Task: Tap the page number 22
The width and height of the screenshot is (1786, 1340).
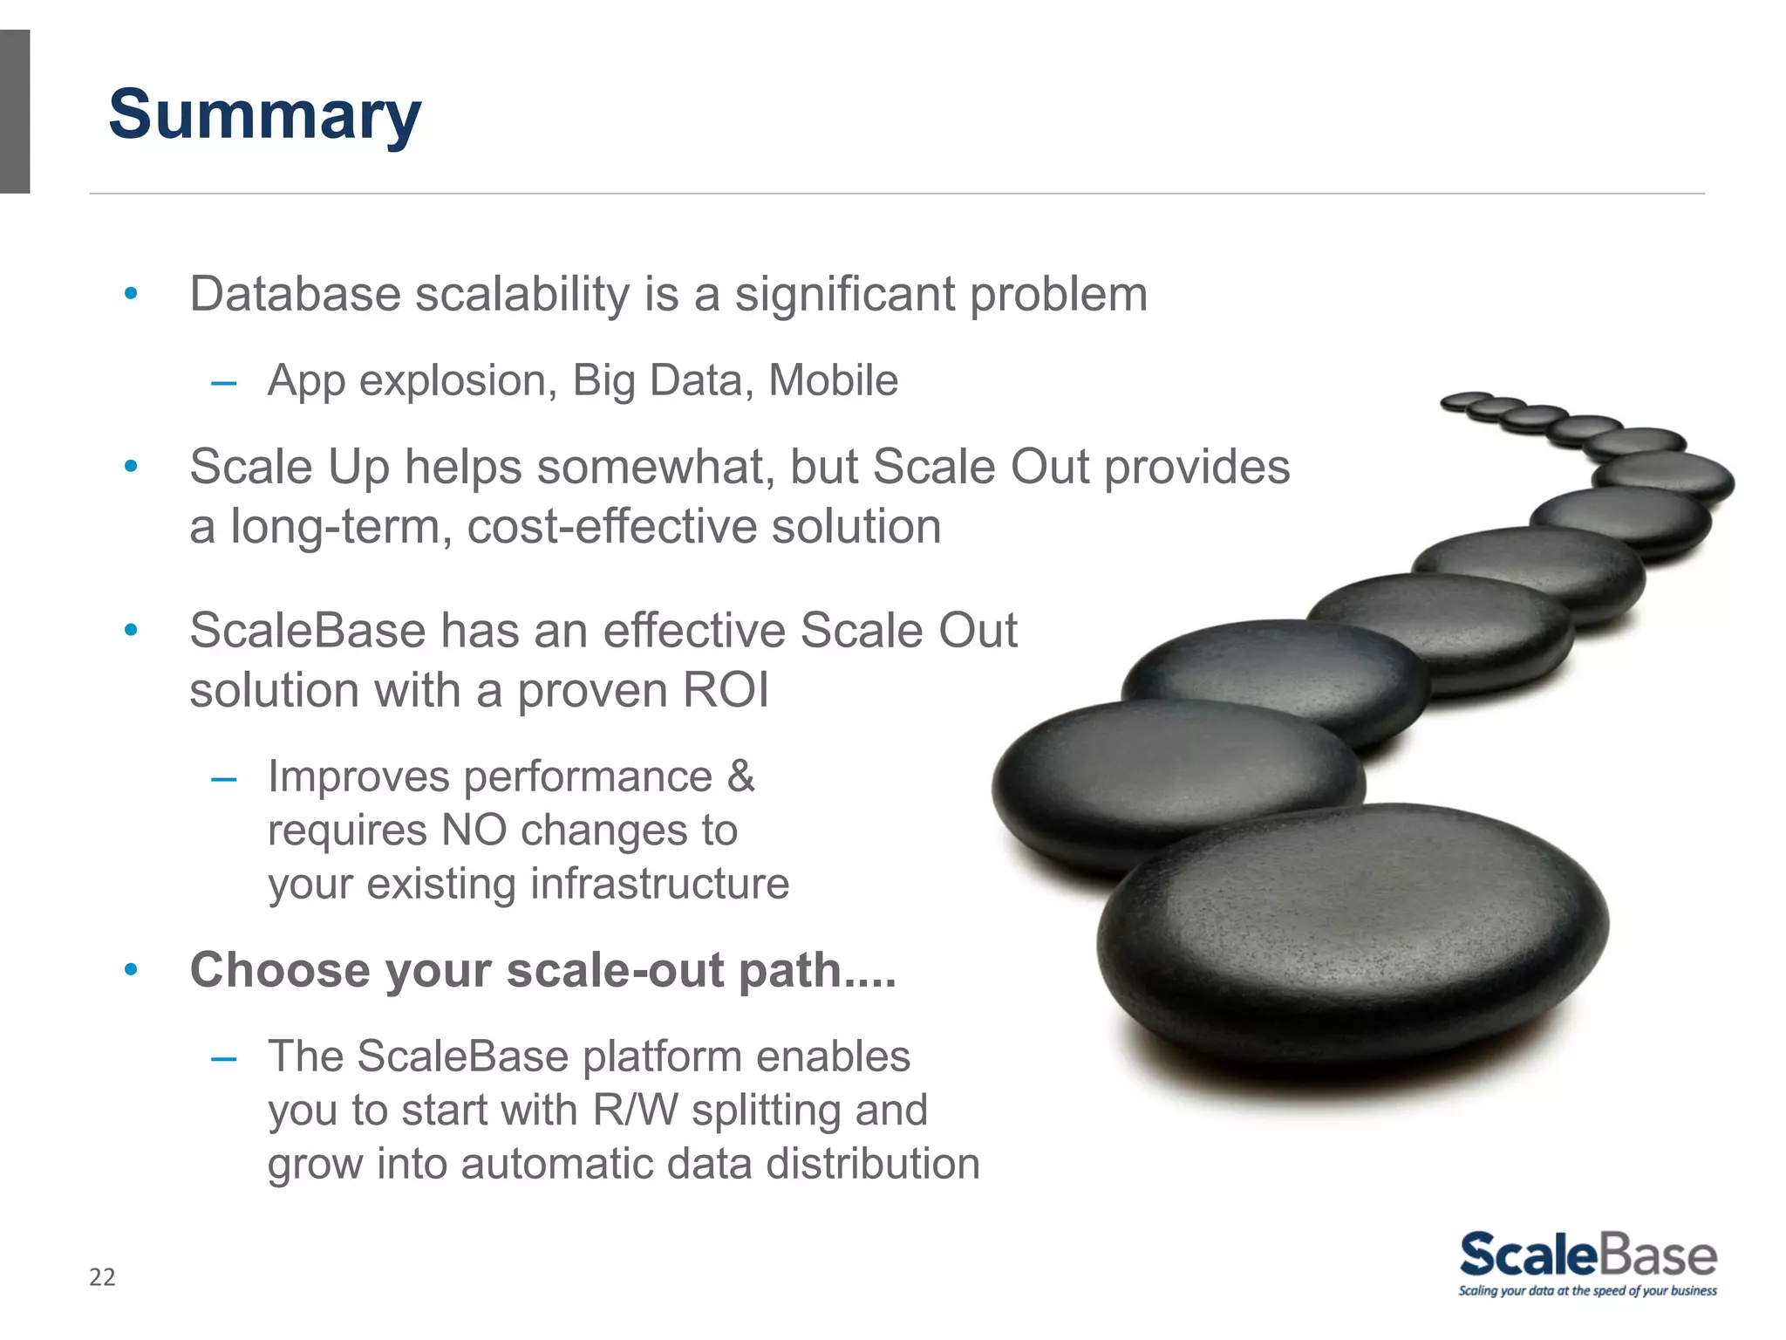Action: [102, 1277]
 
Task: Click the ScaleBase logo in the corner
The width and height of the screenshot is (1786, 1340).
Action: [1587, 1255]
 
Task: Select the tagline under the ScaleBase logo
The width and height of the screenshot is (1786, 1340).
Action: [1587, 1291]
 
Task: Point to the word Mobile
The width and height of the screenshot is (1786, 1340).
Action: [833, 380]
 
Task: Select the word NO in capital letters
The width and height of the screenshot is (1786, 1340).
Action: [474, 830]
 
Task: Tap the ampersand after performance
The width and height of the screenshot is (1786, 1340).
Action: [740, 776]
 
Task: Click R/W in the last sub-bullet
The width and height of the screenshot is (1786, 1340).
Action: [635, 1111]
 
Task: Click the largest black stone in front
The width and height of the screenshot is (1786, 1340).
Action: [1352, 933]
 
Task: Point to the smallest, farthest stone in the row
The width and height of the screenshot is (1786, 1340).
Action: [1465, 400]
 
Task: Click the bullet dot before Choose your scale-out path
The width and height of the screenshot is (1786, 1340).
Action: [131, 969]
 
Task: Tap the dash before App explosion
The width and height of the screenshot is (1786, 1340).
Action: [224, 382]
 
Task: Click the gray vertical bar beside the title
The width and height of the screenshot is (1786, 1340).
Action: [15, 112]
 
